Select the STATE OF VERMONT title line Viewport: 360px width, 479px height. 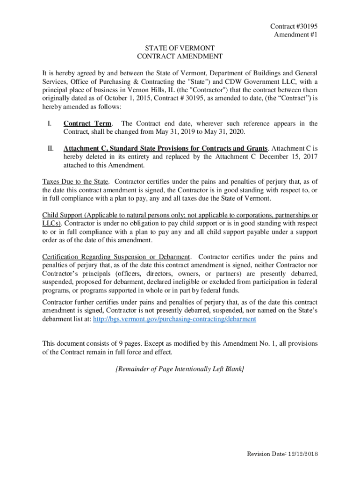180,48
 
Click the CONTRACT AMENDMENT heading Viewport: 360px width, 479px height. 180,57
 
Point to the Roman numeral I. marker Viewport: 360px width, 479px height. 49,123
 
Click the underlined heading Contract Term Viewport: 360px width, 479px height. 87,123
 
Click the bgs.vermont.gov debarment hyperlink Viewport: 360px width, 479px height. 174,319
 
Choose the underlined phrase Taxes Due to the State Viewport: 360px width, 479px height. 75,181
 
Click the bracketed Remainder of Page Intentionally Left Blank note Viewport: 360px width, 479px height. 180,369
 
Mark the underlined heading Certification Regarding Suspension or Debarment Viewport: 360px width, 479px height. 116,257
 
